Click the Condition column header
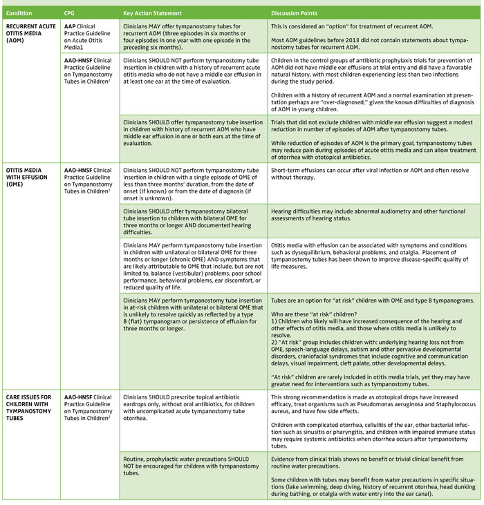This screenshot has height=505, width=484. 19,12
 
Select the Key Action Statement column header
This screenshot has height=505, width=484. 152,12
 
